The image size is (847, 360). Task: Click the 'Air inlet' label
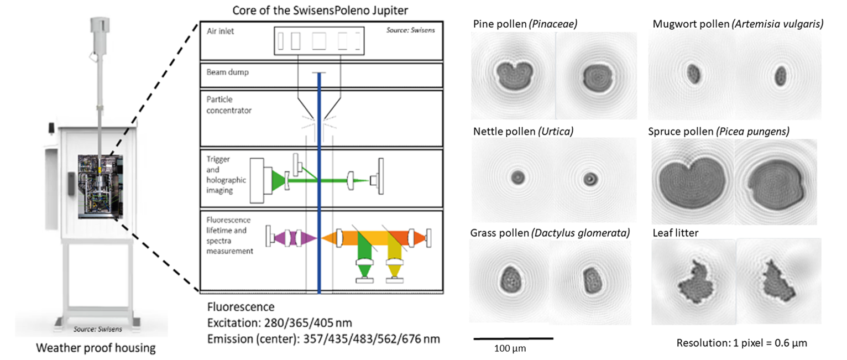tap(220, 31)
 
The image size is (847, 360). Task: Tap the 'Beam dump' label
tap(227, 72)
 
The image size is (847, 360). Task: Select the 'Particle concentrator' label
tap(229, 105)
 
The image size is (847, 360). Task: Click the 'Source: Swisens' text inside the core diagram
tap(410, 30)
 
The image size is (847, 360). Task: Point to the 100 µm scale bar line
tap(513, 338)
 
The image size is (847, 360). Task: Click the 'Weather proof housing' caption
tap(96, 348)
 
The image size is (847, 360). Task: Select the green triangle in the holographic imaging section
tap(278, 180)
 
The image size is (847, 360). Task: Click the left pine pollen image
tap(513, 76)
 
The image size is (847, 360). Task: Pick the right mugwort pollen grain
tap(781, 76)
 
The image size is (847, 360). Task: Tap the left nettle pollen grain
tap(517, 177)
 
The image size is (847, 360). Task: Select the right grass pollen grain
tap(592, 280)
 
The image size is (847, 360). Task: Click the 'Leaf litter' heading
tap(675, 233)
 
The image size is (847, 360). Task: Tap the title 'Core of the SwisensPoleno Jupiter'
tap(320, 10)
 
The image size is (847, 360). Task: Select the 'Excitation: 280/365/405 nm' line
tap(279, 322)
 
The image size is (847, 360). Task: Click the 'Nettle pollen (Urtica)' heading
tap(523, 131)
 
